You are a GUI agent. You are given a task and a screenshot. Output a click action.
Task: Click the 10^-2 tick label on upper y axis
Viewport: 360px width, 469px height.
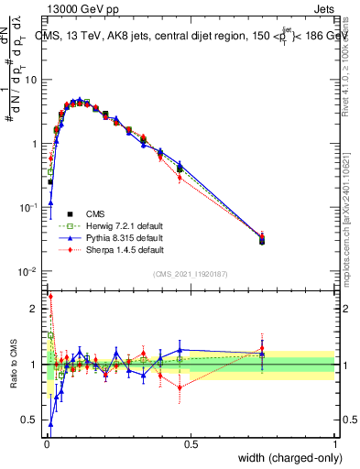(30, 272)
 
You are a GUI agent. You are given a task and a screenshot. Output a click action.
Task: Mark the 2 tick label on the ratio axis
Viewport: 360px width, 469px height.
(37, 309)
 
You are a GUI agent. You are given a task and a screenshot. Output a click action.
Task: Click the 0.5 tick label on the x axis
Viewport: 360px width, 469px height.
(191, 443)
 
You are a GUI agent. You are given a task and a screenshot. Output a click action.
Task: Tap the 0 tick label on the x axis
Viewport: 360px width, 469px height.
(45, 443)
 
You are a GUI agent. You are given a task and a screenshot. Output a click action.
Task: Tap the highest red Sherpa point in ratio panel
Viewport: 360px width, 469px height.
(49, 296)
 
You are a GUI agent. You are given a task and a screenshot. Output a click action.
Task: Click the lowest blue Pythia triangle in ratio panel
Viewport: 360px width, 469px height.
(50, 424)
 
